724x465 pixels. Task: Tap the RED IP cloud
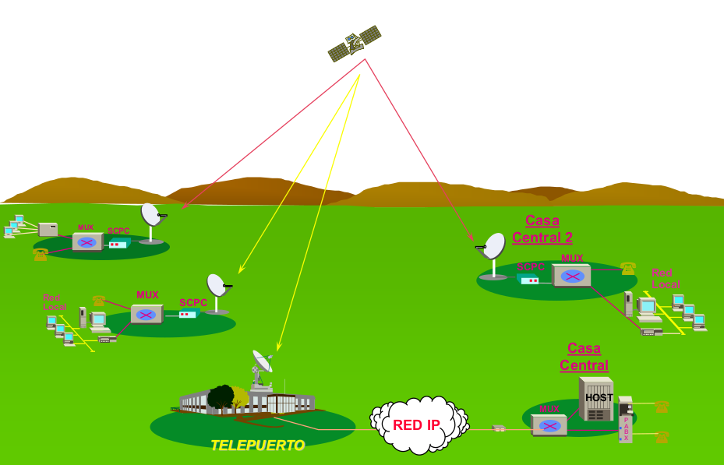point(418,425)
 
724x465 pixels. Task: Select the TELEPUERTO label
point(257,446)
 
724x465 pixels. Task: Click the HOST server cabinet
point(596,399)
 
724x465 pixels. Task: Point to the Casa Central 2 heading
point(542,229)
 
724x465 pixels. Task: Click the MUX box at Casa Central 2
point(572,276)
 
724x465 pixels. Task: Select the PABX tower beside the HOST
point(626,428)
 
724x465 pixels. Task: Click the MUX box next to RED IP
point(549,425)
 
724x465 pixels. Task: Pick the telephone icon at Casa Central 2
point(628,269)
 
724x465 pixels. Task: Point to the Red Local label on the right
point(665,278)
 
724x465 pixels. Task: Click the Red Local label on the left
point(51,302)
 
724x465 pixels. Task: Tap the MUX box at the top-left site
point(87,241)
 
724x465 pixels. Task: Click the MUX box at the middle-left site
point(147,314)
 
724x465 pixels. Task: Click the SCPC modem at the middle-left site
point(188,313)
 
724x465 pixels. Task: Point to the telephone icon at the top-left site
point(41,254)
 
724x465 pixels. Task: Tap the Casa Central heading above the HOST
point(584,357)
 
